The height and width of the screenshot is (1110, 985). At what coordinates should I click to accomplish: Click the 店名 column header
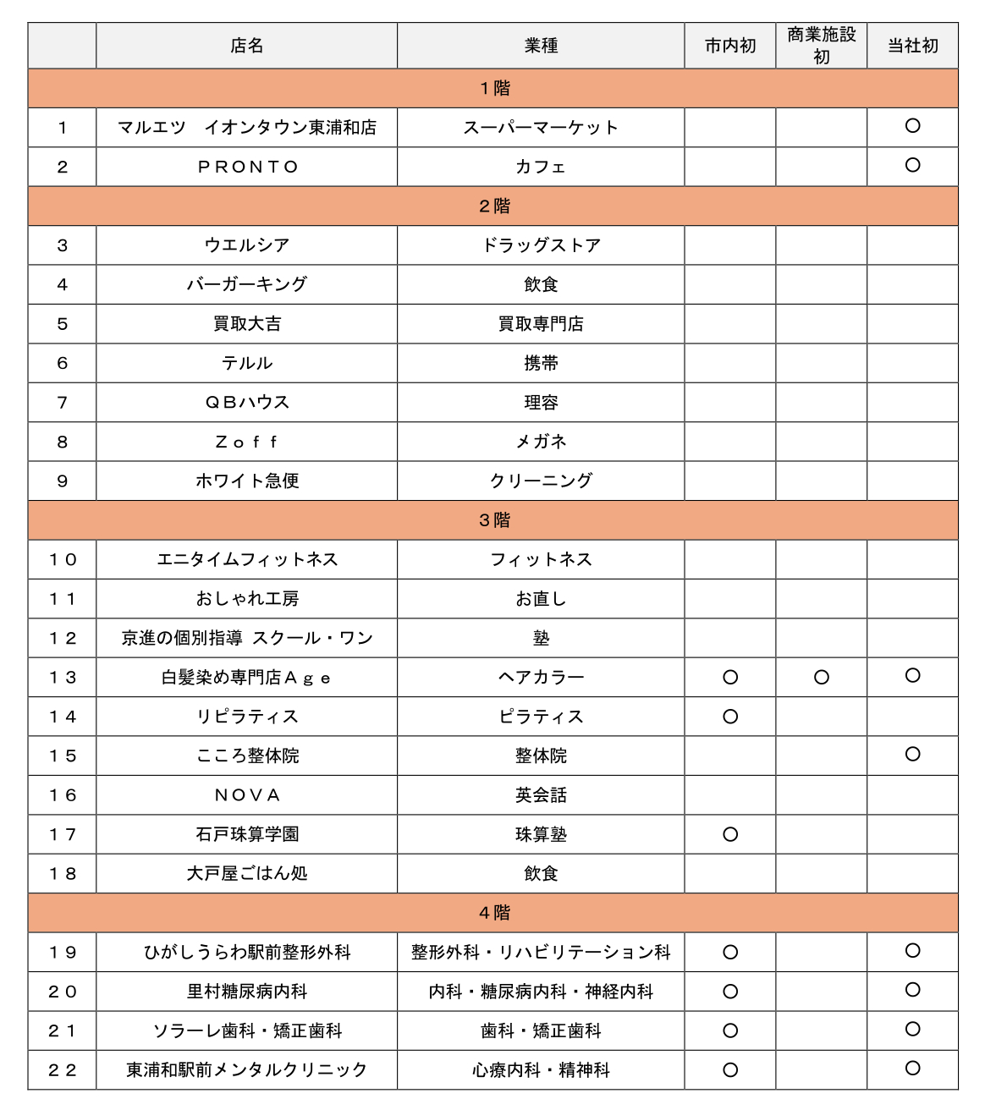click(x=246, y=46)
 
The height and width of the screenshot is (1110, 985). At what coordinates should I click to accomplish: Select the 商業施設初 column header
click(x=821, y=46)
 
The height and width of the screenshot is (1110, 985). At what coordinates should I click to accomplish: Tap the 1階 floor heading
click(x=494, y=88)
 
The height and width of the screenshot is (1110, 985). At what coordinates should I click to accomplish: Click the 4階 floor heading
click(x=494, y=913)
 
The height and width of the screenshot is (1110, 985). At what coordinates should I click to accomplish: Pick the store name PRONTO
click(x=248, y=167)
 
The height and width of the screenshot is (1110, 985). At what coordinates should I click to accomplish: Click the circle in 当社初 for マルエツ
click(x=912, y=126)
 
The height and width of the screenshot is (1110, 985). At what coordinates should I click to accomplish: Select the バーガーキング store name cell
click(x=246, y=284)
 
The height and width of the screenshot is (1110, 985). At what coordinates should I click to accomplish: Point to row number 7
click(x=62, y=403)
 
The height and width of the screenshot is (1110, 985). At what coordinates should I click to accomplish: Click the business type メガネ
click(x=541, y=442)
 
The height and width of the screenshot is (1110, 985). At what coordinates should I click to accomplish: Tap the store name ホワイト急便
click(x=246, y=481)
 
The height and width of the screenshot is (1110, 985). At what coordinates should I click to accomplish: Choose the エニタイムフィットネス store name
click(x=246, y=559)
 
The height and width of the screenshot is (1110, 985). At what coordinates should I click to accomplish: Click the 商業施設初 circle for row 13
click(x=821, y=677)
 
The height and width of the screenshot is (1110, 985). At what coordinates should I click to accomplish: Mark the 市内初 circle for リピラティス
click(x=730, y=717)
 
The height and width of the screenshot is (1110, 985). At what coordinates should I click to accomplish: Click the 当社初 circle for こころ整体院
click(x=912, y=754)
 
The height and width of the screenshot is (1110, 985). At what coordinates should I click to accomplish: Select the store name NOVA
click(x=246, y=795)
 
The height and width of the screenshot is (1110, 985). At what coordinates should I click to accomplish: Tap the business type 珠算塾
click(x=541, y=834)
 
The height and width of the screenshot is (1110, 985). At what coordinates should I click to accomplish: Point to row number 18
click(x=62, y=874)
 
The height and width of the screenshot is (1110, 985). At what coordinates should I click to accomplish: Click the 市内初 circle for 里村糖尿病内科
click(x=730, y=992)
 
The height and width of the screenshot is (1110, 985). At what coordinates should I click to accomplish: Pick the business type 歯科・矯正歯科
click(x=541, y=1030)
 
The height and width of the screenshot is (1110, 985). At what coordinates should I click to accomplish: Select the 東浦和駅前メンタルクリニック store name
click(x=246, y=1070)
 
